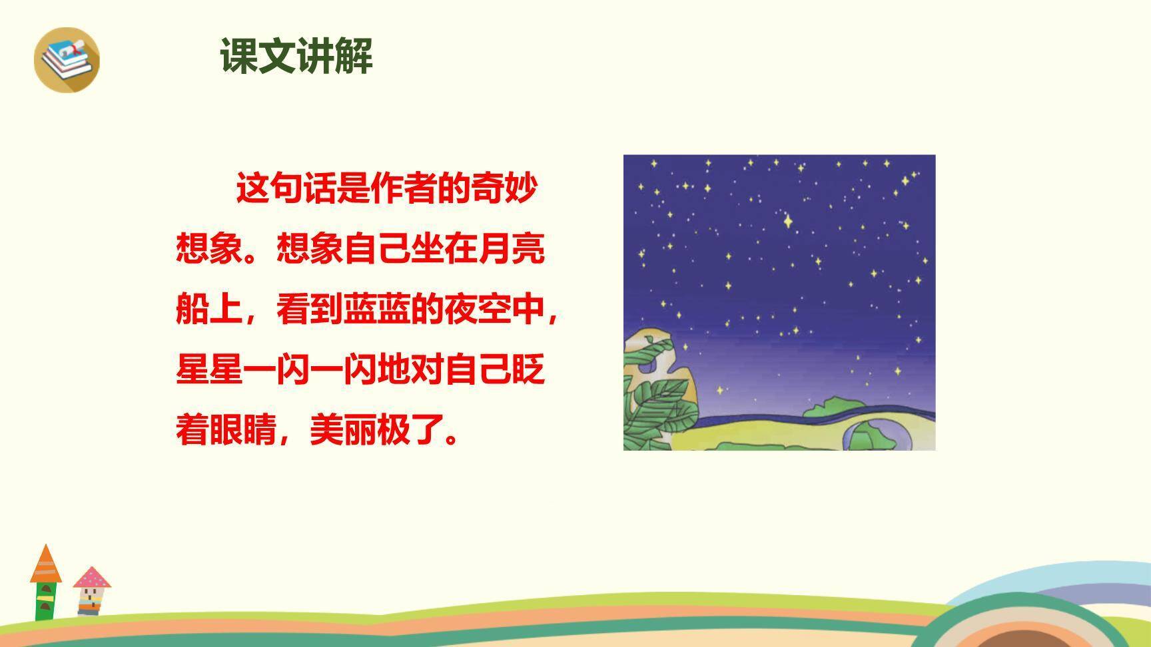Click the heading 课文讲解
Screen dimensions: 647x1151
point(296,56)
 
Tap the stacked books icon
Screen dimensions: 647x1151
point(67,59)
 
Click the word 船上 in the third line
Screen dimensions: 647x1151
point(209,309)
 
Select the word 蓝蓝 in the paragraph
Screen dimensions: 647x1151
point(377,309)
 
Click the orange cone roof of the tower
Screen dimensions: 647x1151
point(46,564)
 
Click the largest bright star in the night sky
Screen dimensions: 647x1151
point(789,220)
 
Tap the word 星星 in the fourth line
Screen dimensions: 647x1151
point(209,369)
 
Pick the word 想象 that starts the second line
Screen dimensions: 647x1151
point(209,248)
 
